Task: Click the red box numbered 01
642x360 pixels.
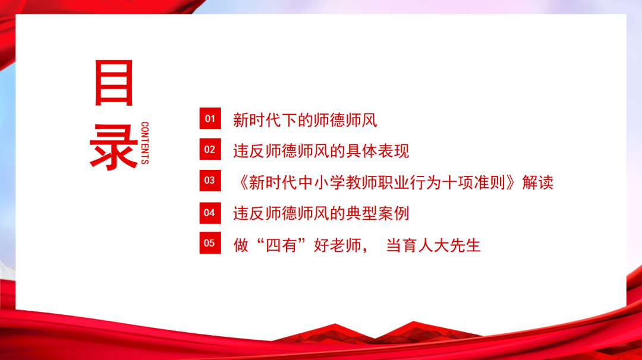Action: tap(210, 119)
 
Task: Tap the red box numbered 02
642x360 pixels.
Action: tap(210, 150)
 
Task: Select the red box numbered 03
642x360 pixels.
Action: tap(210, 181)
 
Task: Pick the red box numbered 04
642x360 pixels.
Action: tap(210, 212)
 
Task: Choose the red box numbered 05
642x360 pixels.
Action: tap(210, 243)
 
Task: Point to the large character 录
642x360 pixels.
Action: tap(114, 146)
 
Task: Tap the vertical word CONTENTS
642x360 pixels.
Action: tap(145, 143)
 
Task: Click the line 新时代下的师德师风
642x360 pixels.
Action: tap(305, 121)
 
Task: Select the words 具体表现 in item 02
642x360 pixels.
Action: tap(378, 151)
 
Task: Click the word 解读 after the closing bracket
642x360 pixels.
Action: tap(538, 182)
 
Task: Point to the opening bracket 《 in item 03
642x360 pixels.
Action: tap(241, 182)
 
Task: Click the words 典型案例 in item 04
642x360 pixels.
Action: tap(378, 213)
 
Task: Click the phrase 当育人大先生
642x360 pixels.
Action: tap(433, 245)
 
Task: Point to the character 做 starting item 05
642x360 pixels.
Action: tap(241, 245)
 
